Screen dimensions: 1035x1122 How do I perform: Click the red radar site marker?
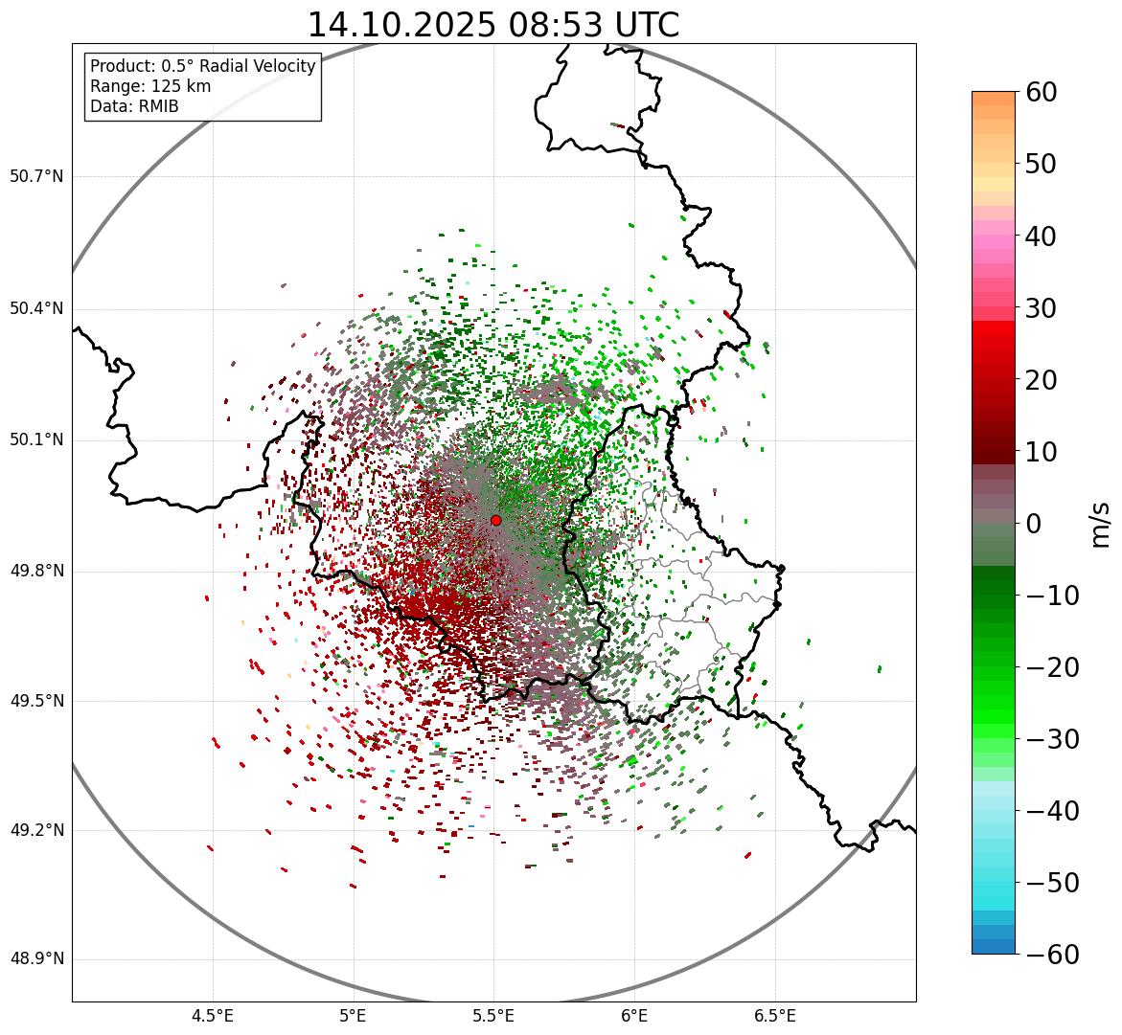tap(495, 520)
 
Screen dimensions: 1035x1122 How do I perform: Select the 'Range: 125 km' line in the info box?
tap(150, 86)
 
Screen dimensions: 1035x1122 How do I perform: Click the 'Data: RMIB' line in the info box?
tap(134, 106)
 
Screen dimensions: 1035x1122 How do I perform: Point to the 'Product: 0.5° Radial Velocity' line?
tap(202, 66)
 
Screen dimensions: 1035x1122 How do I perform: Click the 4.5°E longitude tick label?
tap(213, 1016)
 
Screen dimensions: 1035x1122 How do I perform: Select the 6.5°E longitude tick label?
tap(774, 1016)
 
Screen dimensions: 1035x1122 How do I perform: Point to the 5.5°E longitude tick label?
tap(493, 1016)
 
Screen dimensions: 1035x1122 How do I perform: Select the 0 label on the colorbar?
tap(1033, 524)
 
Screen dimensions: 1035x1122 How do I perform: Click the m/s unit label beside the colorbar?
tap(1100, 524)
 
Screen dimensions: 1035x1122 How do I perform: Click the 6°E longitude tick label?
tap(633, 1016)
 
